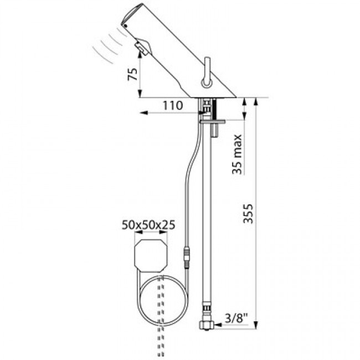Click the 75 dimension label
(133, 74)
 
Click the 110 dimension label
(173, 106)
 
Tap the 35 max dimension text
(237, 155)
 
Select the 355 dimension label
(248, 214)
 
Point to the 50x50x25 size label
(148, 225)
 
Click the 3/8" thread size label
(236, 318)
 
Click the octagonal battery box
(151, 256)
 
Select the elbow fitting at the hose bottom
(206, 325)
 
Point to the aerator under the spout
(143, 47)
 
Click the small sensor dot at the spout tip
(125, 25)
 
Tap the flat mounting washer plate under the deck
(213, 121)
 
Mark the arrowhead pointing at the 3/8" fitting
(218, 325)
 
